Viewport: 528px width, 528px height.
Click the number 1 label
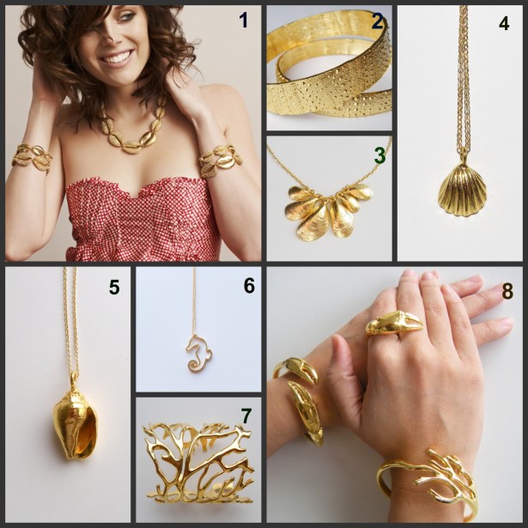point(244,21)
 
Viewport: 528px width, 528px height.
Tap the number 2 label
point(378,21)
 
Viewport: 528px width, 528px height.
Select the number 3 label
point(379,155)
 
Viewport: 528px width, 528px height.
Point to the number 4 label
point(504,23)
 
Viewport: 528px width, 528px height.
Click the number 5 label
point(114,287)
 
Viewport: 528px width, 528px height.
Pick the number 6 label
point(249,286)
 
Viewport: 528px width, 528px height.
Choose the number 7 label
point(246,416)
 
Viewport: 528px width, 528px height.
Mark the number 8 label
point(507,291)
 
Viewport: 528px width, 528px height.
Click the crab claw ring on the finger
point(394,322)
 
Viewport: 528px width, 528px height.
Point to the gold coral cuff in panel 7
point(198,465)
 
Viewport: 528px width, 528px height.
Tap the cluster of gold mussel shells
point(328,211)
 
